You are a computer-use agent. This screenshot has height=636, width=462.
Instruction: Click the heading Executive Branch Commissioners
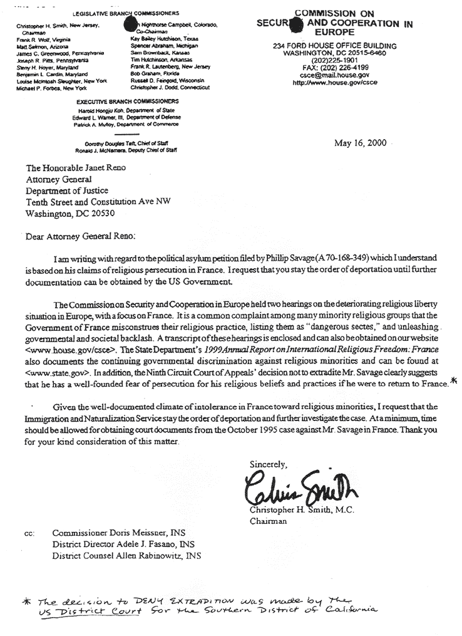(127, 101)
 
